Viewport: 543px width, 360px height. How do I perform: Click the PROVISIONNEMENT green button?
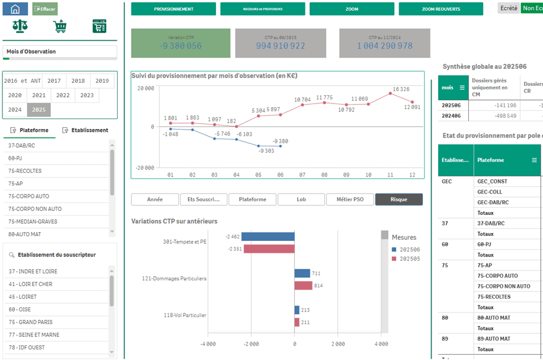pyautogui.click(x=173, y=9)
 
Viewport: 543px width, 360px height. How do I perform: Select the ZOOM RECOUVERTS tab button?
pyautogui.click(x=441, y=9)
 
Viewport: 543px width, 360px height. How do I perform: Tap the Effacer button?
pyautogui.click(x=45, y=9)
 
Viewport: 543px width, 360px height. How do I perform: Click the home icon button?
pyautogui.click(x=15, y=9)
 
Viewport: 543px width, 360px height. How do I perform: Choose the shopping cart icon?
pyautogui.click(x=59, y=26)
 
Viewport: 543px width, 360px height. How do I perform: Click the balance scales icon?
pyautogui.click(x=20, y=26)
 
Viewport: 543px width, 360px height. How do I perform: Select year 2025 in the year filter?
pyautogui.click(x=39, y=110)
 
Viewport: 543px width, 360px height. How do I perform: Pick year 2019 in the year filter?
pyautogui.click(x=102, y=81)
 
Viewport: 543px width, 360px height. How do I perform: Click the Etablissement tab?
pyautogui.click(x=89, y=130)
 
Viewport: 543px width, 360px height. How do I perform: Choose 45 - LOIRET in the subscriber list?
pyautogui.click(x=23, y=297)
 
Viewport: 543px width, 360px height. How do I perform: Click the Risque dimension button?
pyautogui.click(x=399, y=200)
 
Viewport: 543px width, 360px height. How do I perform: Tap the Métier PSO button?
pyautogui.click(x=350, y=200)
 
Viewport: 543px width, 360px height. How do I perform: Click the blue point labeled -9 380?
pyautogui.click(x=281, y=146)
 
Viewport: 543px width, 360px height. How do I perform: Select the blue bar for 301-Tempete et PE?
pyautogui.click(x=268, y=237)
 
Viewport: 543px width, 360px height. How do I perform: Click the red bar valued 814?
pyautogui.click(x=303, y=286)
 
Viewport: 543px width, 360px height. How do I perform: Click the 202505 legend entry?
pyautogui.click(x=409, y=259)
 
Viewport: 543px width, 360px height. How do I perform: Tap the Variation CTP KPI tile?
pyautogui.click(x=180, y=43)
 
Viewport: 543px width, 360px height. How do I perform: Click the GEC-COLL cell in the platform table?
pyautogui.click(x=490, y=192)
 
